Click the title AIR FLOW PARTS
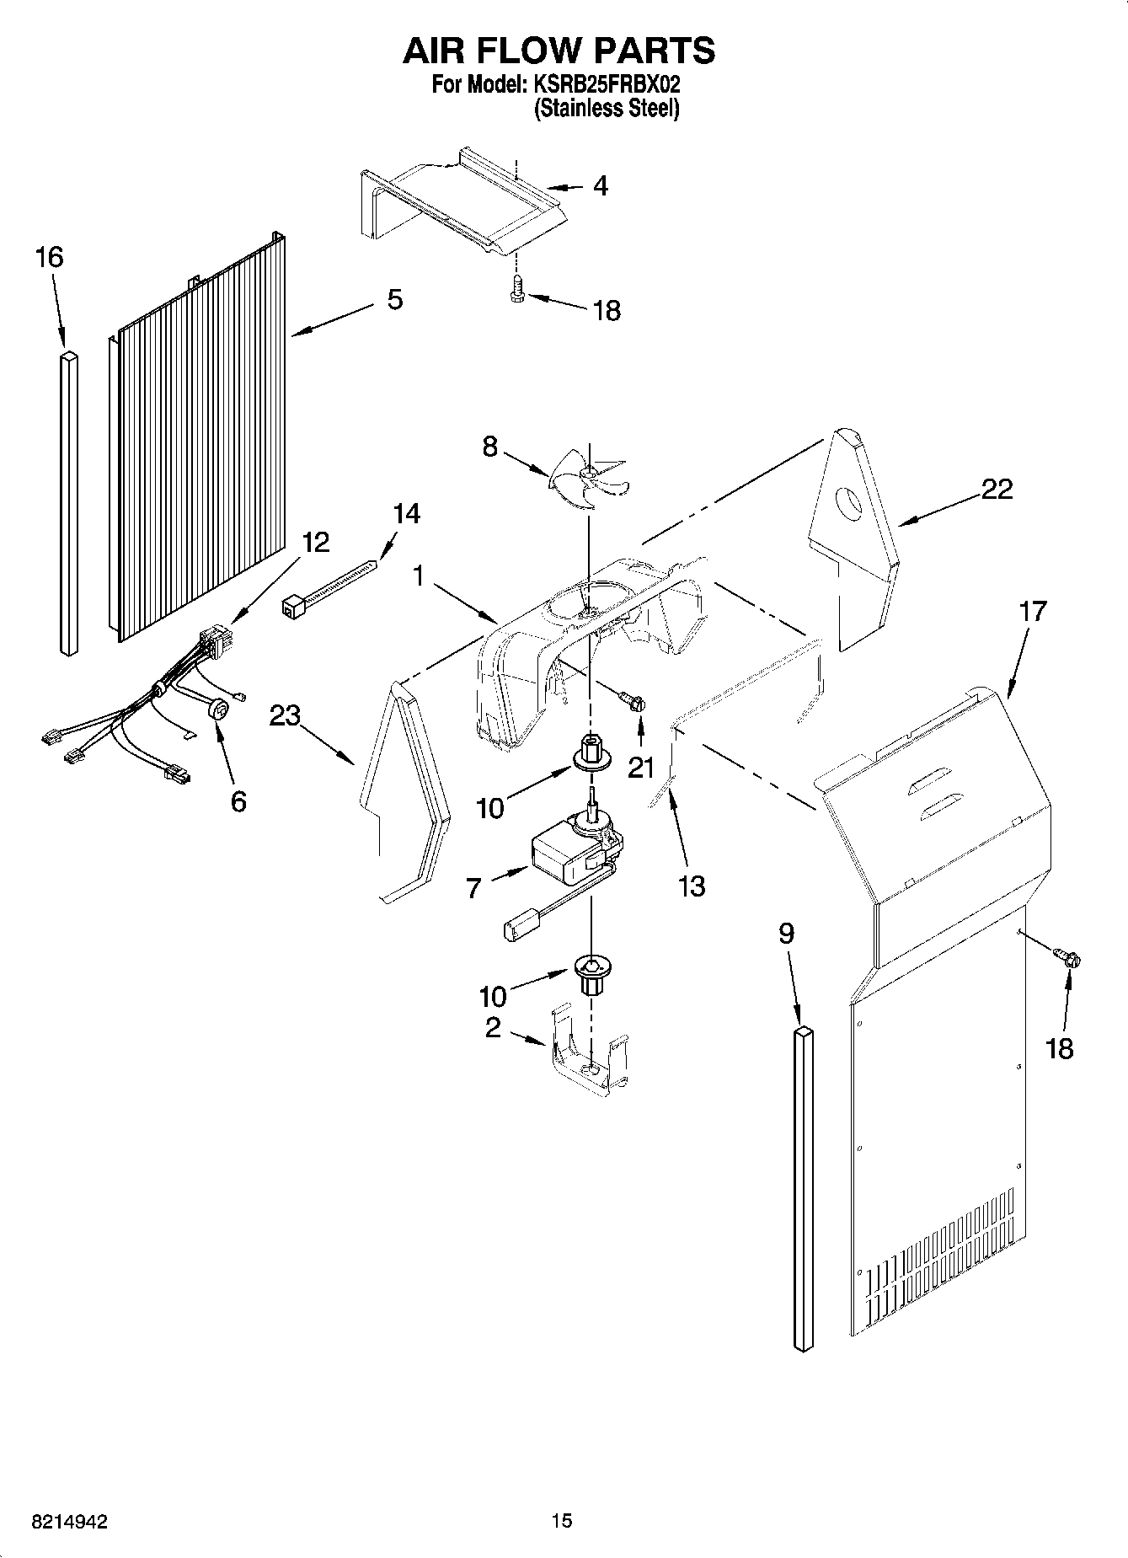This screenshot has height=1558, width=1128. [x=559, y=51]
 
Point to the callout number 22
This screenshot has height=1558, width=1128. [x=997, y=489]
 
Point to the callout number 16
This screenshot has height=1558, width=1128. [x=50, y=257]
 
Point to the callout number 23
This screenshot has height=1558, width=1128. [x=285, y=716]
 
